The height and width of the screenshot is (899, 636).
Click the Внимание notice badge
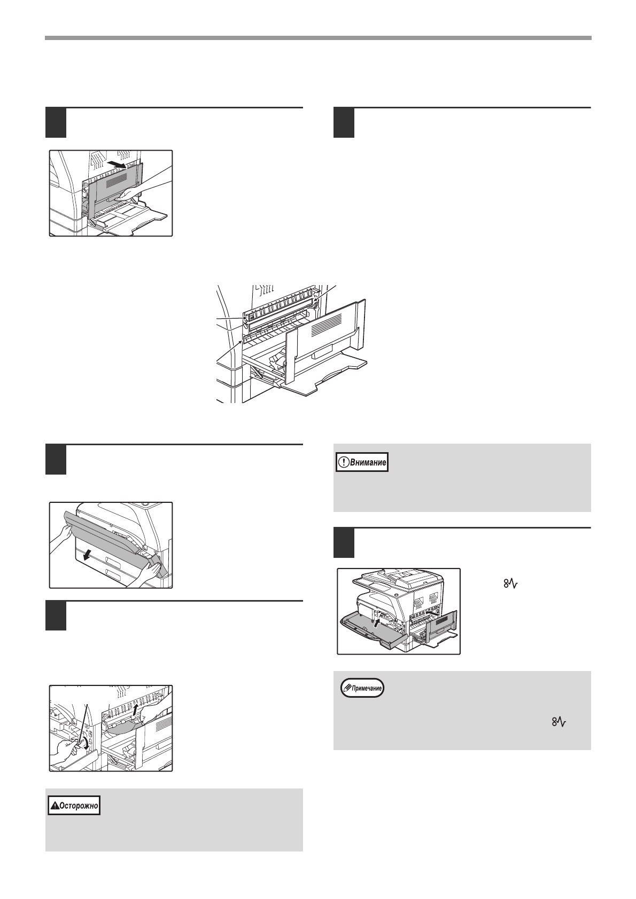pos(361,462)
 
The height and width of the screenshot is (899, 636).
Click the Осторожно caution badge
pos(74,806)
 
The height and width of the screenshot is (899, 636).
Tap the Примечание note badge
pos(362,689)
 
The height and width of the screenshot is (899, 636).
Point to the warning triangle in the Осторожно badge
pos(54,806)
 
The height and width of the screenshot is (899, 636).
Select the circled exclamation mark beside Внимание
pos(345,462)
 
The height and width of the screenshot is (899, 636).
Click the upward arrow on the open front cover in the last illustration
pos(378,622)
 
